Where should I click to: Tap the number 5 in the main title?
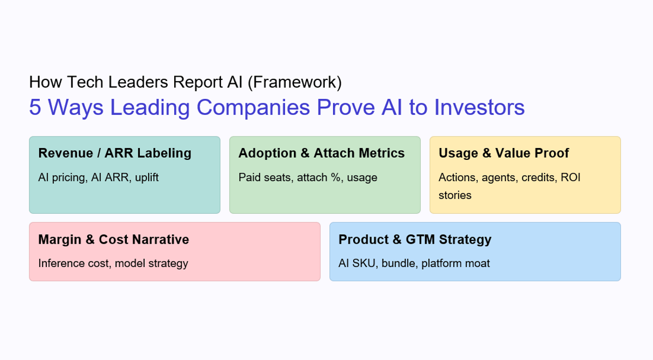(35, 107)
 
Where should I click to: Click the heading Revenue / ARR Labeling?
(115, 153)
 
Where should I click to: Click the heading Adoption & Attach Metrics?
(322, 153)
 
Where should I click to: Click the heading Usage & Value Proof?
(504, 153)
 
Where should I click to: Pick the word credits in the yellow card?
(537, 177)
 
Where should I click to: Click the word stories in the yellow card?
(455, 195)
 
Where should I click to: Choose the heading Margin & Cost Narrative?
(114, 239)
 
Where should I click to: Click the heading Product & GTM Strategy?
(415, 239)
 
